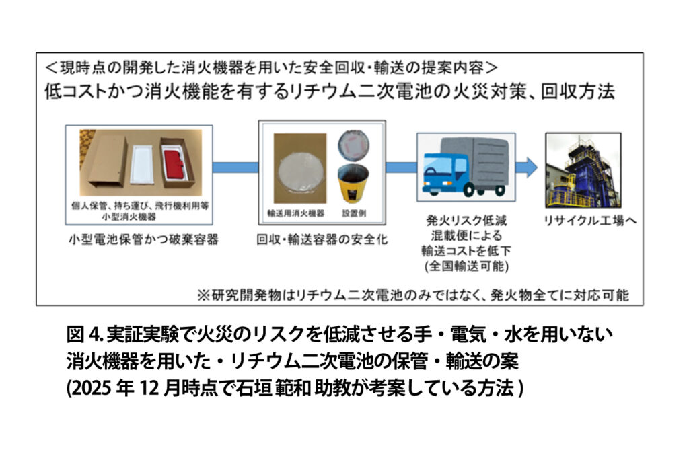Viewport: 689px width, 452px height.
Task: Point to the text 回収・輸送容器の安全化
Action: click(x=322, y=239)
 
